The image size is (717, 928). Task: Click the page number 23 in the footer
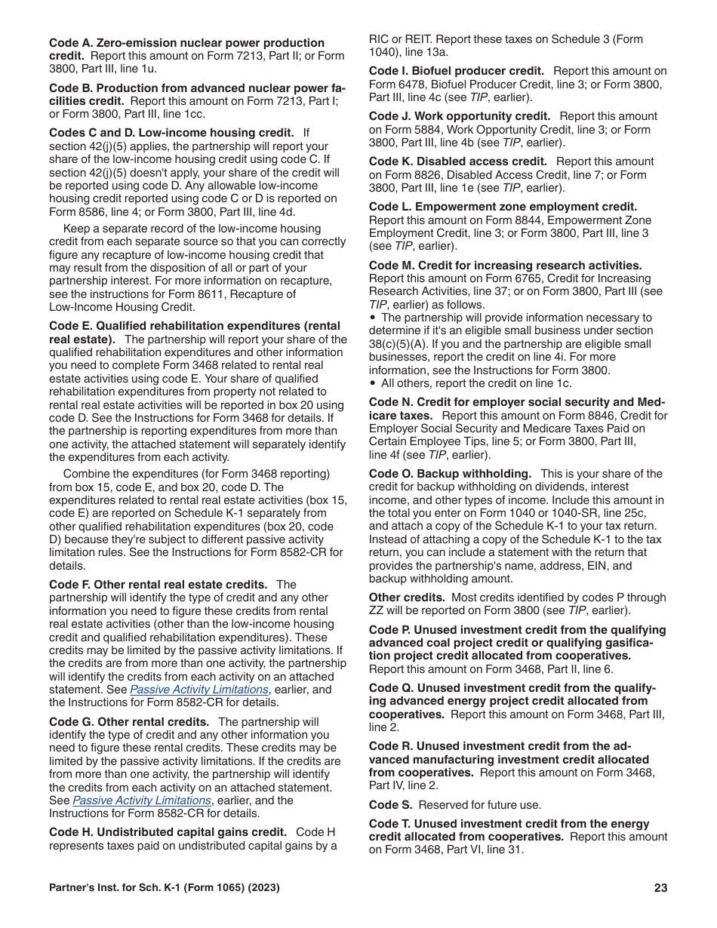click(660, 888)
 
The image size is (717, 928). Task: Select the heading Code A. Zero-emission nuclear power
click(186, 43)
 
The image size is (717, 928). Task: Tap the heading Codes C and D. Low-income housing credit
click(171, 133)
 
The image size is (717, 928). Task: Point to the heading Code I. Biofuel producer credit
click(457, 71)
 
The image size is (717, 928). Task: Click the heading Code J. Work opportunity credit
click(460, 116)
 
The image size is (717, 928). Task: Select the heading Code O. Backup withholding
click(450, 474)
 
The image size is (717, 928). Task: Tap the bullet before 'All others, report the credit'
click(373, 383)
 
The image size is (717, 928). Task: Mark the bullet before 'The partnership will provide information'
click(373, 318)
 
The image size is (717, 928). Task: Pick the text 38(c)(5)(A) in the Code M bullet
click(397, 344)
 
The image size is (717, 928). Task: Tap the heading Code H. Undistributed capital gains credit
click(168, 832)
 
